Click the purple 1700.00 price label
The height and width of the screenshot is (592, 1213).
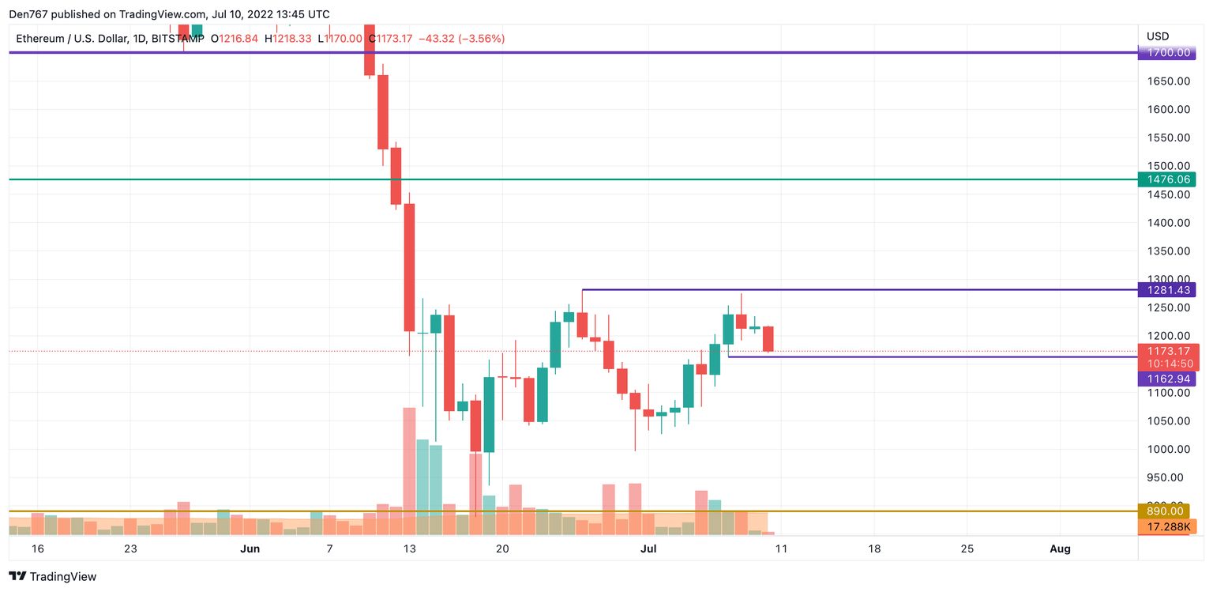point(1166,53)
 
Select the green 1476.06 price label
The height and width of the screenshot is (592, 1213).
point(1166,179)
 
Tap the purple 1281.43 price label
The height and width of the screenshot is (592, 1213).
point(1166,289)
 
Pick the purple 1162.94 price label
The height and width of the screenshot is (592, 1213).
point(1166,379)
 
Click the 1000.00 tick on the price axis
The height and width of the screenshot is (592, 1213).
point(1168,449)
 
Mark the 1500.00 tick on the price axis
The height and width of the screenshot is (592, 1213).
point(1168,166)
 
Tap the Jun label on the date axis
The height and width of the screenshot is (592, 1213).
point(250,549)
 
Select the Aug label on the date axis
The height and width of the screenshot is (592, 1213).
point(1060,549)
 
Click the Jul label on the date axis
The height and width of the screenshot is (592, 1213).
point(648,549)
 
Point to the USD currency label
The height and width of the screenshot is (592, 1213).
point(1158,36)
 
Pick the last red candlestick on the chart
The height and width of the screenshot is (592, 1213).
point(768,339)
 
